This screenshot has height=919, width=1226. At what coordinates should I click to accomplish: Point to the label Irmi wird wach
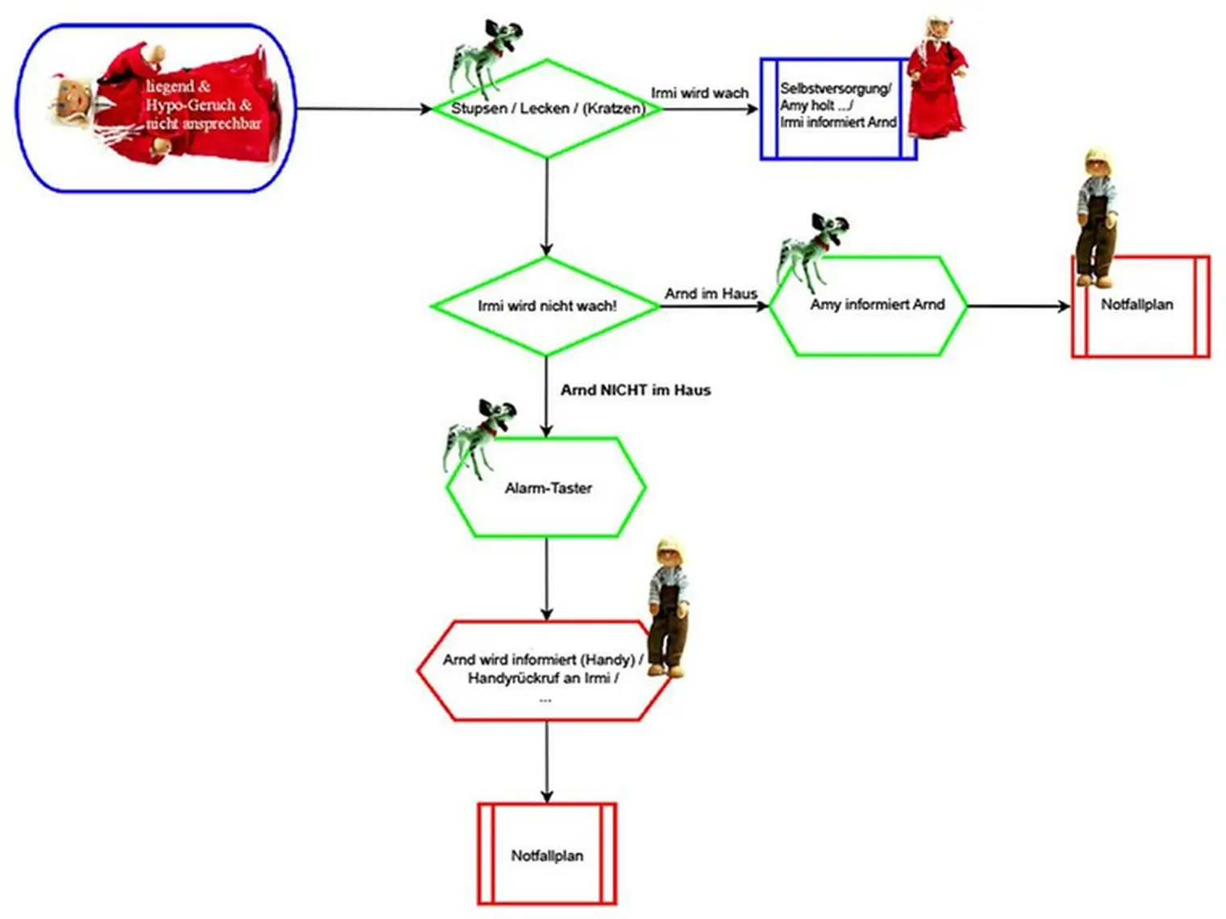(699, 94)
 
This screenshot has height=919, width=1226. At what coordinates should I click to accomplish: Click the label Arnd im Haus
(711, 294)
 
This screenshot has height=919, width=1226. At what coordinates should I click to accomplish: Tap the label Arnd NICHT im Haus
(636, 390)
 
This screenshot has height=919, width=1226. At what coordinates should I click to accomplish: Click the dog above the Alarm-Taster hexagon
(478, 435)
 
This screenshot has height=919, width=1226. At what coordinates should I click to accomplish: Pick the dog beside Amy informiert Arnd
(811, 250)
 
